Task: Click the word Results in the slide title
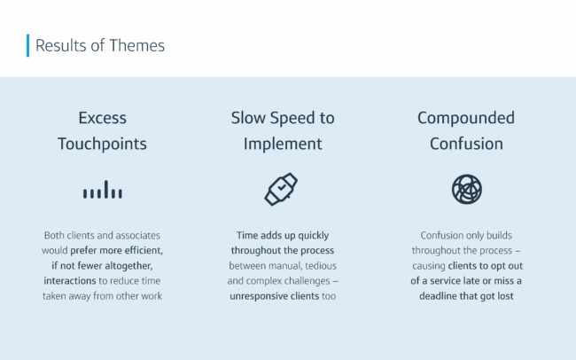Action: tap(61, 45)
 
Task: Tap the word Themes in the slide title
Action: tap(137, 45)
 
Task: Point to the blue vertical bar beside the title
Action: tap(28, 45)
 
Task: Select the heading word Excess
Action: tap(103, 118)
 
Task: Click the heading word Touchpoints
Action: tap(102, 144)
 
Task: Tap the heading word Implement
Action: tap(283, 144)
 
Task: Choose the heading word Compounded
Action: tap(466, 119)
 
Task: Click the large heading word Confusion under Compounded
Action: tap(466, 144)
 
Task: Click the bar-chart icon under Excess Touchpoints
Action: tap(103, 190)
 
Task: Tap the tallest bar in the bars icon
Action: tap(106, 190)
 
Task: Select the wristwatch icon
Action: tap(282, 189)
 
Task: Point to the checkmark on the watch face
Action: tap(282, 188)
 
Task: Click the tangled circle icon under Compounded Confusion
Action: tap(466, 190)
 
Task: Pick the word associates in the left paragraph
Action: tap(138, 235)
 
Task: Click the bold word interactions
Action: tap(70, 281)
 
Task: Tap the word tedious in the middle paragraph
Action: tap(321, 266)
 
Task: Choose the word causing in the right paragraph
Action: tap(429, 266)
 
